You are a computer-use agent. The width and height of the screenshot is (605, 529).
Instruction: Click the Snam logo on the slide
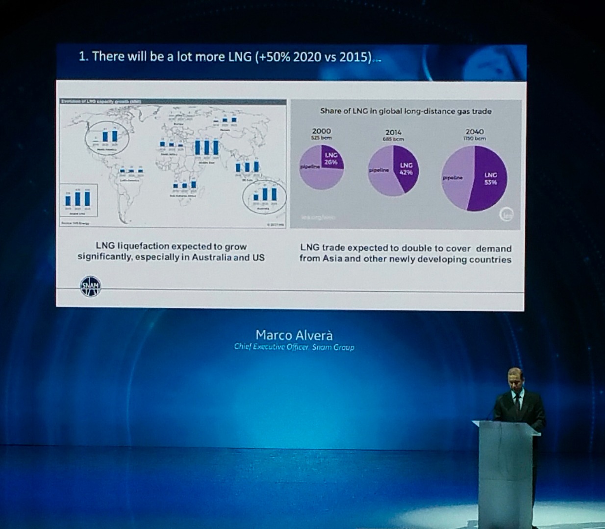[90, 286]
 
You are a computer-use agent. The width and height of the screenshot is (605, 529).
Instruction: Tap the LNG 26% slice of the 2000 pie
[332, 159]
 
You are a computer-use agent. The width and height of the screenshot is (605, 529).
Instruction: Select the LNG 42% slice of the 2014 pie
[406, 169]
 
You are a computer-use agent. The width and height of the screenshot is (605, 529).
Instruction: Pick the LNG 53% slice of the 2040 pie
[489, 179]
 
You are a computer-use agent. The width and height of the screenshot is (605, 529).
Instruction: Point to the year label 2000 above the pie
[321, 131]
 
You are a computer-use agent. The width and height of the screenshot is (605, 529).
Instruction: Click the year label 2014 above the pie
[393, 132]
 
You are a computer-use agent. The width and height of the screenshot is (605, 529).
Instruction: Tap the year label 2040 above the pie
[474, 131]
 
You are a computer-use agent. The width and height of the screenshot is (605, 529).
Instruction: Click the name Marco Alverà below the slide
[294, 335]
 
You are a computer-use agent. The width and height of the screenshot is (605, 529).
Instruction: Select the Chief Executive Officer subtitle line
[294, 347]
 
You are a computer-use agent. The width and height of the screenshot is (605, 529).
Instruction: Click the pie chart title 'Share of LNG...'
[405, 111]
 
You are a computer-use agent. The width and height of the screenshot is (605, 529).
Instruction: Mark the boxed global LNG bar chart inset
[78, 200]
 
